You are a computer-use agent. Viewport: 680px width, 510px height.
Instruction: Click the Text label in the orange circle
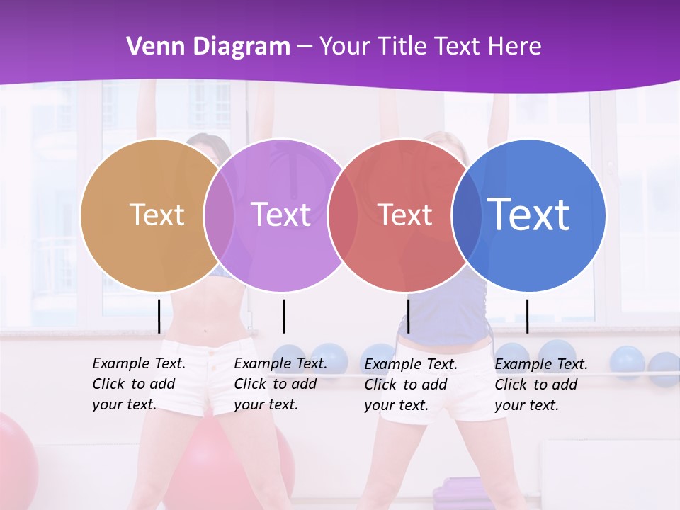pos(157,215)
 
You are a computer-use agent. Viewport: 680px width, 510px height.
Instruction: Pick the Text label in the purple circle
pos(281,215)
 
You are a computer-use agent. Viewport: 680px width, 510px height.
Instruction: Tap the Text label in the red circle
pos(405,215)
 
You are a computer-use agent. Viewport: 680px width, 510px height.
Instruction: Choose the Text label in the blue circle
pos(529,214)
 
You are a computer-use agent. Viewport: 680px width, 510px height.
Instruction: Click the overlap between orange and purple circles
pos(219,215)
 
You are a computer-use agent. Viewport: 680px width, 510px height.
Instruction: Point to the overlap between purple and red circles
pos(343,215)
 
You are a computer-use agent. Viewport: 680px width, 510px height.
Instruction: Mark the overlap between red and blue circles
pos(467,215)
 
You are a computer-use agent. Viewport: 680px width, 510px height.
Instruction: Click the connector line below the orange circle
pos(159,316)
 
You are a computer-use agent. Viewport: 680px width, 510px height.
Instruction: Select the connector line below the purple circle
pos(283,316)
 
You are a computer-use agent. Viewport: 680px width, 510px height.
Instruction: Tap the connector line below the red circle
pos(408,316)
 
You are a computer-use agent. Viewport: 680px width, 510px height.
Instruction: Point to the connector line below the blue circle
pos(528,316)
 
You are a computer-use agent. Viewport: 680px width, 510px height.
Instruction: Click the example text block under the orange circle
pos(138,384)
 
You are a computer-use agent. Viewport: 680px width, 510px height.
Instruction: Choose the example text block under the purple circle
pos(280,384)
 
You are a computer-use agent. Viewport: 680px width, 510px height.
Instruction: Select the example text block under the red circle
pos(410,385)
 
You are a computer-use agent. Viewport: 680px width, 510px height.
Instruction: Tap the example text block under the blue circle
pos(540,385)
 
